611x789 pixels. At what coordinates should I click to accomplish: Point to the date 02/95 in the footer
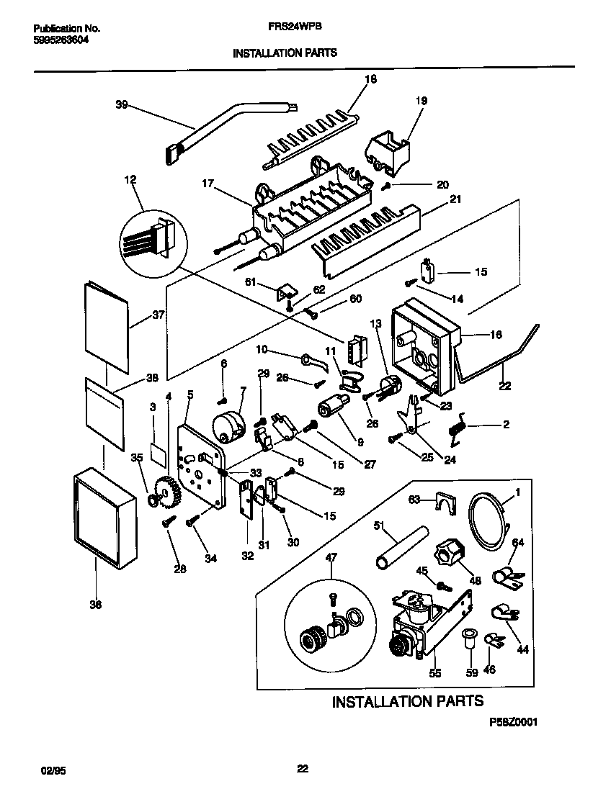tap(45, 770)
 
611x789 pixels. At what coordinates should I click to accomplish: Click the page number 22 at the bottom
tap(303, 769)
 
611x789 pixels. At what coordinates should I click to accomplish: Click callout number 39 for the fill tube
tap(122, 104)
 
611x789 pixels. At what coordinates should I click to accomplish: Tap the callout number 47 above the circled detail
tap(331, 556)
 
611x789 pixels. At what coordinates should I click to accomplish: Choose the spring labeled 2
tap(458, 427)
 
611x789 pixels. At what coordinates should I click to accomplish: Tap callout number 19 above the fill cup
tap(420, 102)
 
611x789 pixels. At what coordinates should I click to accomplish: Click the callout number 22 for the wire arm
tap(504, 387)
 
